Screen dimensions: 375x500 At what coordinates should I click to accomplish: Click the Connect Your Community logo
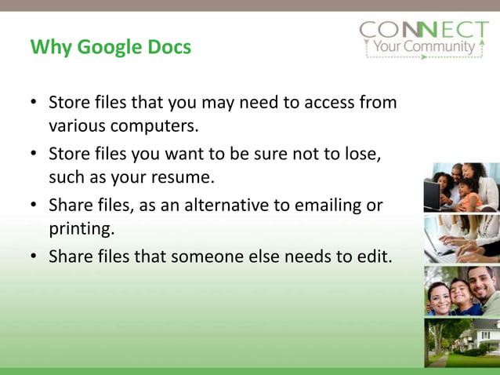tap(423, 39)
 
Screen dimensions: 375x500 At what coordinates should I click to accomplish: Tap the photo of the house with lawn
tap(462, 343)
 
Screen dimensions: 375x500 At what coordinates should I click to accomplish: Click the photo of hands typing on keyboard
tap(462, 238)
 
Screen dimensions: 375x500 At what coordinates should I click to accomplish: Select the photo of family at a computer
tap(462, 187)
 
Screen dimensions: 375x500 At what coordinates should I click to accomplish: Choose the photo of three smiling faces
tap(462, 291)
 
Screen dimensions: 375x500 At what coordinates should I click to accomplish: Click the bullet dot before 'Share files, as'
tap(34, 206)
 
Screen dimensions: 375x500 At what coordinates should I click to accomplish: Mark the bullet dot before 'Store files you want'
tap(34, 154)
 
